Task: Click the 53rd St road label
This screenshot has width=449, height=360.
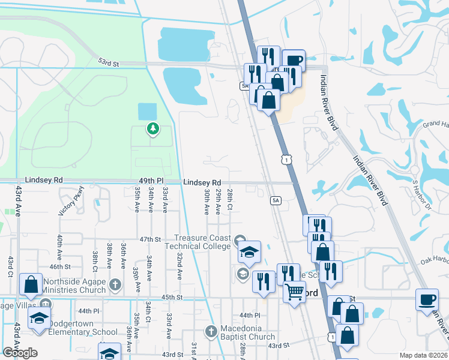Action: (x=109, y=62)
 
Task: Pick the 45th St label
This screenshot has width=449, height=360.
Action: (x=171, y=297)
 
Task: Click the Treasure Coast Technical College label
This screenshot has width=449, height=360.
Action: (x=202, y=242)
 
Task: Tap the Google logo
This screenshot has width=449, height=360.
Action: (x=20, y=352)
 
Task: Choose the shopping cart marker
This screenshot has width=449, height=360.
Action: (x=294, y=292)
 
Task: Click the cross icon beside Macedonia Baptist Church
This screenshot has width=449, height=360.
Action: (x=210, y=331)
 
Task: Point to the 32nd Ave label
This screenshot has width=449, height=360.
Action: (x=179, y=266)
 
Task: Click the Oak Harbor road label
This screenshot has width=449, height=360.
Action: (x=435, y=260)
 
